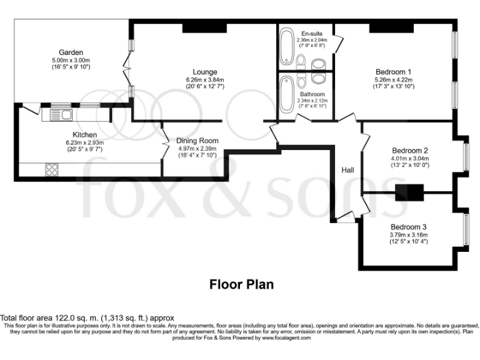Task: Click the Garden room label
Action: coord(71,52)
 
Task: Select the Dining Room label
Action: coord(196,141)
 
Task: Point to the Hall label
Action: coord(348,170)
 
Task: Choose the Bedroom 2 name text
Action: coord(409,151)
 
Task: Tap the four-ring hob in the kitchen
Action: coord(52,169)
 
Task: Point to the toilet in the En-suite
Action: coord(317,64)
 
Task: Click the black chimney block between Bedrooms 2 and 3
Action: coord(409,192)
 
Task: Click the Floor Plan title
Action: coord(241,284)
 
